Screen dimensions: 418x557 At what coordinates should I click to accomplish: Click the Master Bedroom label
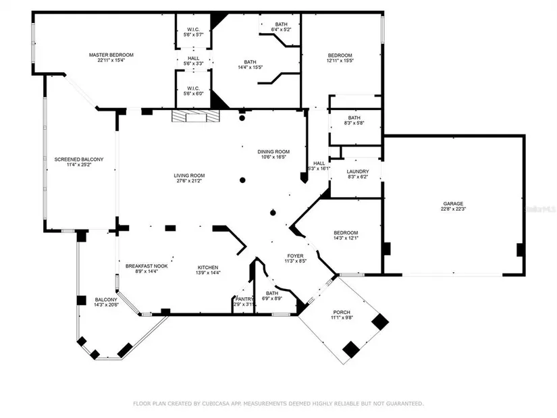click(111, 55)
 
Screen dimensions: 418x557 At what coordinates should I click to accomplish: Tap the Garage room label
click(453, 203)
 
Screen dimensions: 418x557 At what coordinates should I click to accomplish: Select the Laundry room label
click(358, 172)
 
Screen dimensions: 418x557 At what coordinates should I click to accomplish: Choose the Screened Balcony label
click(79, 159)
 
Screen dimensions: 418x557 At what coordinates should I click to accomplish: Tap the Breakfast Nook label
click(147, 266)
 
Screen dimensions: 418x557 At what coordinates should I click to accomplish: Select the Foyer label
click(296, 255)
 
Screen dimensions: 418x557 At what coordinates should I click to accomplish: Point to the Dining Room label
click(273, 151)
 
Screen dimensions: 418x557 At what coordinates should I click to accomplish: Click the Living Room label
click(189, 176)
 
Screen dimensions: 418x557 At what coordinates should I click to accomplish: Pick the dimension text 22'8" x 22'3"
click(453, 209)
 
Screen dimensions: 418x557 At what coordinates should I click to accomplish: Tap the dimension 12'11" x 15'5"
click(340, 61)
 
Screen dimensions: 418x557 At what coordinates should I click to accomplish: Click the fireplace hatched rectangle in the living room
click(195, 117)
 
